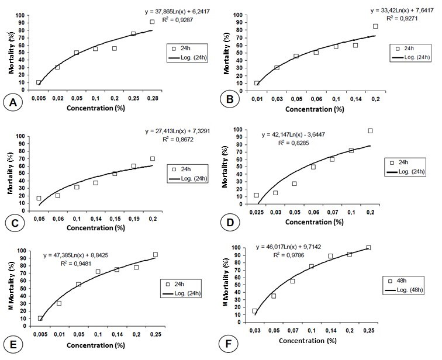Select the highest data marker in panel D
click(x=370, y=130)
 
